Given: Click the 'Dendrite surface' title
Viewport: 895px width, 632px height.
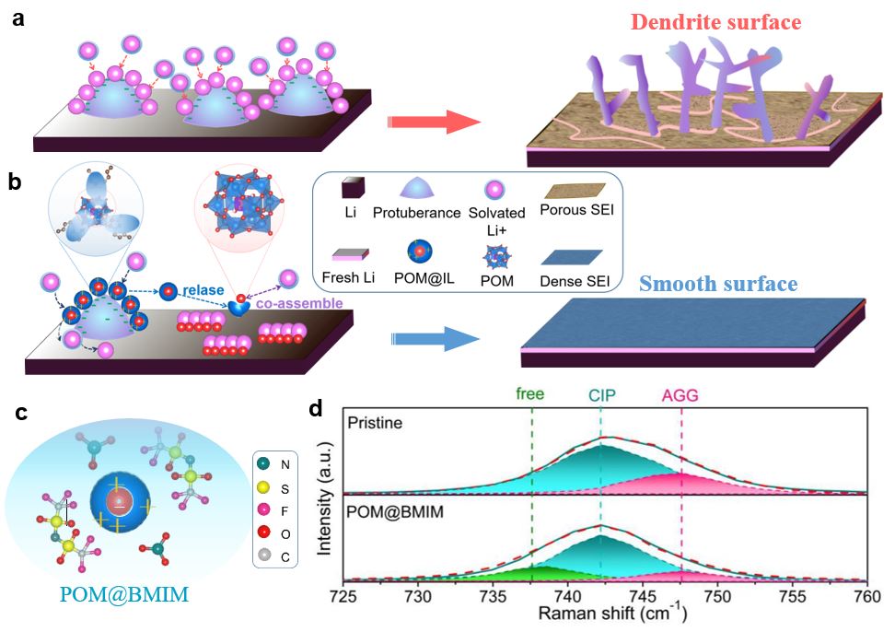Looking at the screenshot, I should point(703,21).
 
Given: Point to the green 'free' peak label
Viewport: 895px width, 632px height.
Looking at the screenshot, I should point(529,393).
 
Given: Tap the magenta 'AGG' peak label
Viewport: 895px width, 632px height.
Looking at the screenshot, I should point(680,393).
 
